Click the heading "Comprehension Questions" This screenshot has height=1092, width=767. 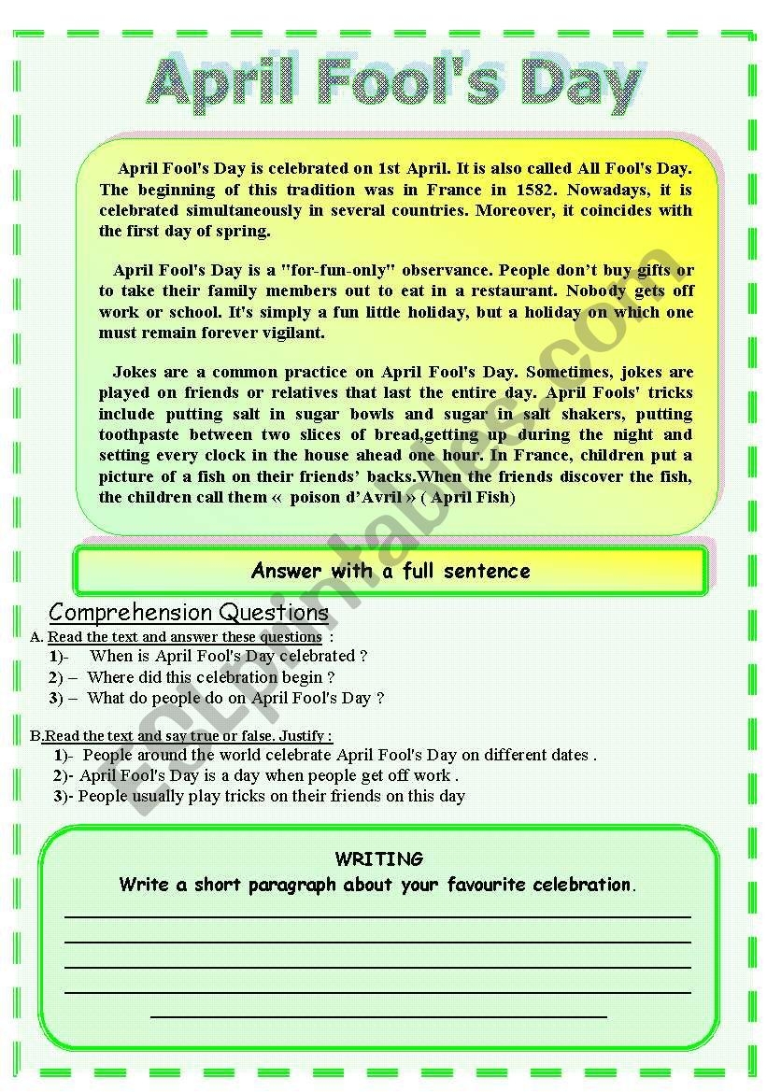point(189,613)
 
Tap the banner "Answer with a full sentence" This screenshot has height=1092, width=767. point(391,571)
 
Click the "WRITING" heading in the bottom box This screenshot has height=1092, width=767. point(378,858)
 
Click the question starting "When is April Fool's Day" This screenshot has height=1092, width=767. point(228,656)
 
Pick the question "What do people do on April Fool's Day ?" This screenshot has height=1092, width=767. point(235,698)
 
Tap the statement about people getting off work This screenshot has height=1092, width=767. point(269,775)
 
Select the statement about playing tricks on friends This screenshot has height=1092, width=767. point(271,796)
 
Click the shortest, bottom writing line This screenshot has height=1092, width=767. point(378,1015)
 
